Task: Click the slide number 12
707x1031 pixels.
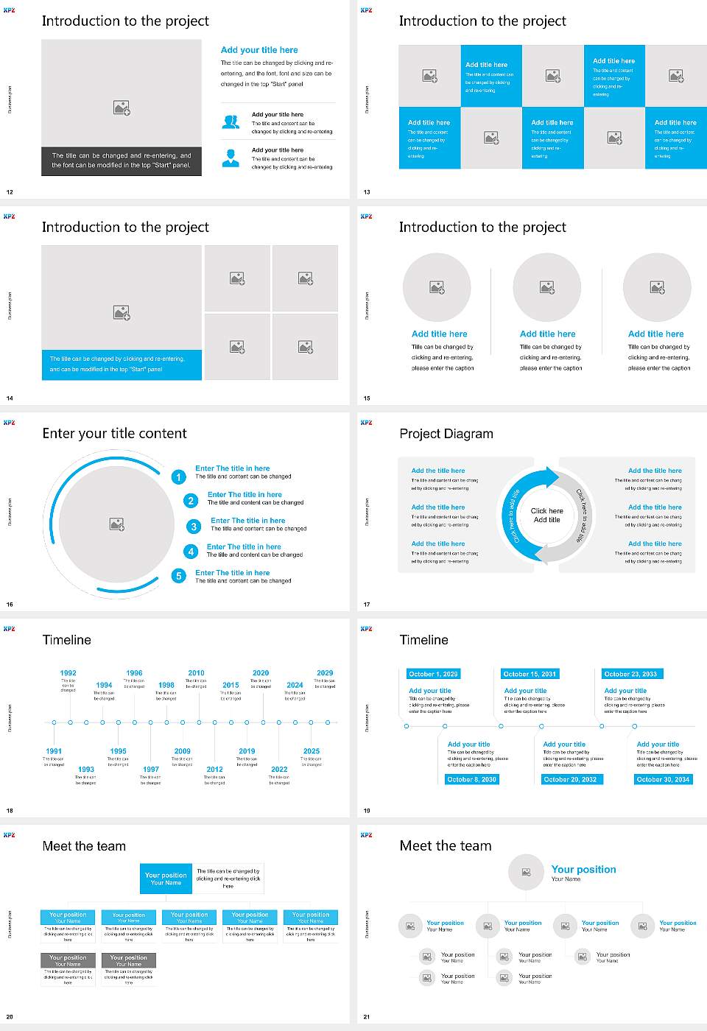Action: coord(10,192)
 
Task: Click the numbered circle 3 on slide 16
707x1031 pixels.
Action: coord(194,527)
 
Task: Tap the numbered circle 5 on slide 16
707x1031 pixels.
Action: coord(178,576)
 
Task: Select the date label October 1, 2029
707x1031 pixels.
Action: coord(433,674)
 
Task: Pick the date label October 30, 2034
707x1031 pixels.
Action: coord(663,779)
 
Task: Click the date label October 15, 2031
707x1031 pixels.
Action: coord(530,674)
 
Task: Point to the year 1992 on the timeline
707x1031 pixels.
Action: coord(68,673)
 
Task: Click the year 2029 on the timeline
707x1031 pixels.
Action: coord(325,673)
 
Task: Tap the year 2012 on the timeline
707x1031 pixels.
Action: coord(214,770)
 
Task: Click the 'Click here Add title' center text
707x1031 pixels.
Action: coord(546,515)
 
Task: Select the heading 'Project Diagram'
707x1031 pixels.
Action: coord(446,434)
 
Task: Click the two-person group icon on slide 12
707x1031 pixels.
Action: coord(231,122)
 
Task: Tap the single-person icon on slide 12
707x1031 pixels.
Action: coord(231,158)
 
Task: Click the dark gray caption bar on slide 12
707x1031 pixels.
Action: coord(122,161)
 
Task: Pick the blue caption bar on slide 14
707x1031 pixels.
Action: coord(122,365)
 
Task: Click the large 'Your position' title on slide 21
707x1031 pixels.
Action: coord(583,870)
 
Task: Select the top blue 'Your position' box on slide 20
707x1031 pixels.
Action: coord(166,879)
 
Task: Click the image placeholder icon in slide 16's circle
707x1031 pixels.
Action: coord(116,524)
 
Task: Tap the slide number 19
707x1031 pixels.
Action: coord(367,811)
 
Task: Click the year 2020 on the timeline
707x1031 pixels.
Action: coord(261,673)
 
